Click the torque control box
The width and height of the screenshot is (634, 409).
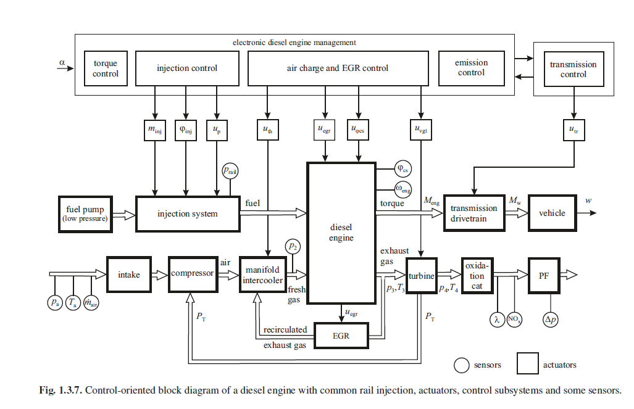pos(105,68)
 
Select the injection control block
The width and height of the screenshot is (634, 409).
pos(186,68)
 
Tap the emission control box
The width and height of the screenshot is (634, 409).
pos(471,68)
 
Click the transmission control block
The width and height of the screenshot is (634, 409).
pos(573,69)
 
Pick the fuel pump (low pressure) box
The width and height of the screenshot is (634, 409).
pos(85,214)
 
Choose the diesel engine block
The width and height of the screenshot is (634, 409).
pos(341,233)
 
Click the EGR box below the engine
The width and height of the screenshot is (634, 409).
pos(341,336)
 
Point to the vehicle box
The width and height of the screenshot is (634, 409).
pos(552,213)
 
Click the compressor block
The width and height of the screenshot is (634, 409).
pos(192,274)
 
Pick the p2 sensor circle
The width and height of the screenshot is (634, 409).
pos(293,247)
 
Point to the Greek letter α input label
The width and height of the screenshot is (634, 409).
pos(62,62)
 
